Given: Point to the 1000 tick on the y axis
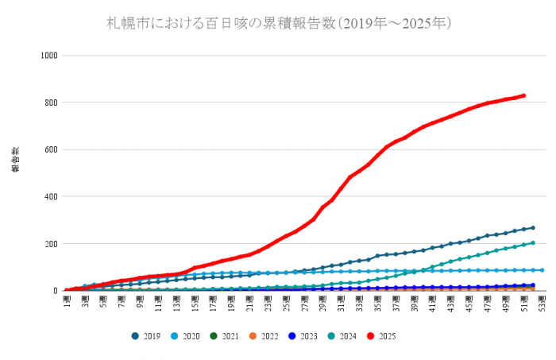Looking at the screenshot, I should [x=49, y=56].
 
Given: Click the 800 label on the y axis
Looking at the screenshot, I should [x=52, y=103].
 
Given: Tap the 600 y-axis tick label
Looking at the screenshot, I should [x=52, y=149].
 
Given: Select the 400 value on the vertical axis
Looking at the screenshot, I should [x=52, y=196].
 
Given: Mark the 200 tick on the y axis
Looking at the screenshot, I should [x=52, y=243].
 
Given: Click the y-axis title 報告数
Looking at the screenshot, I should [x=14, y=160].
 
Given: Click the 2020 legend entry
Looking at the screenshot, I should [x=186, y=336].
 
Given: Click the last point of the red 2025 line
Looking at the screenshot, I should [x=523, y=96].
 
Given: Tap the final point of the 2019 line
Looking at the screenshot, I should [x=532, y=228].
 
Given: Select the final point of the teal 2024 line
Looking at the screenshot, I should [x=532, y=243].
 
